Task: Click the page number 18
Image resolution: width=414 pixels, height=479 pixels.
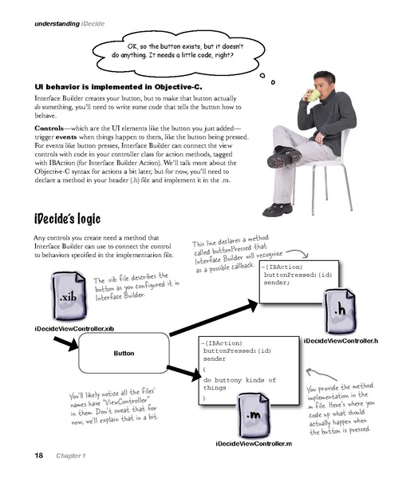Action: pos(38,456)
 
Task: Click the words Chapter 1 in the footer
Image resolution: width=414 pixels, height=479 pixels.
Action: pos(72,456)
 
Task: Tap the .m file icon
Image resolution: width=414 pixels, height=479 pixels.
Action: pos(253,416)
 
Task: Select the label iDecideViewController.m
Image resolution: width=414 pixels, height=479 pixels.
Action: pos(254,443)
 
